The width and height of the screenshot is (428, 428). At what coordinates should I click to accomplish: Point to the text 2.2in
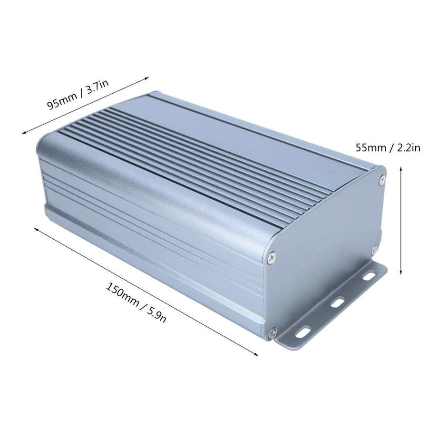(407, 147)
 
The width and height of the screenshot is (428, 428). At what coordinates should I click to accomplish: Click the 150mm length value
(121, 294)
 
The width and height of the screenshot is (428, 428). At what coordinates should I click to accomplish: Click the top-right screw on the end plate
(381, 180)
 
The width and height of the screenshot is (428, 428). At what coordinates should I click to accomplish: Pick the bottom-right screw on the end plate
(374, 249)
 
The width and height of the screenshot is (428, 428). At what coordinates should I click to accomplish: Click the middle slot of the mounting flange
(337, 302)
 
